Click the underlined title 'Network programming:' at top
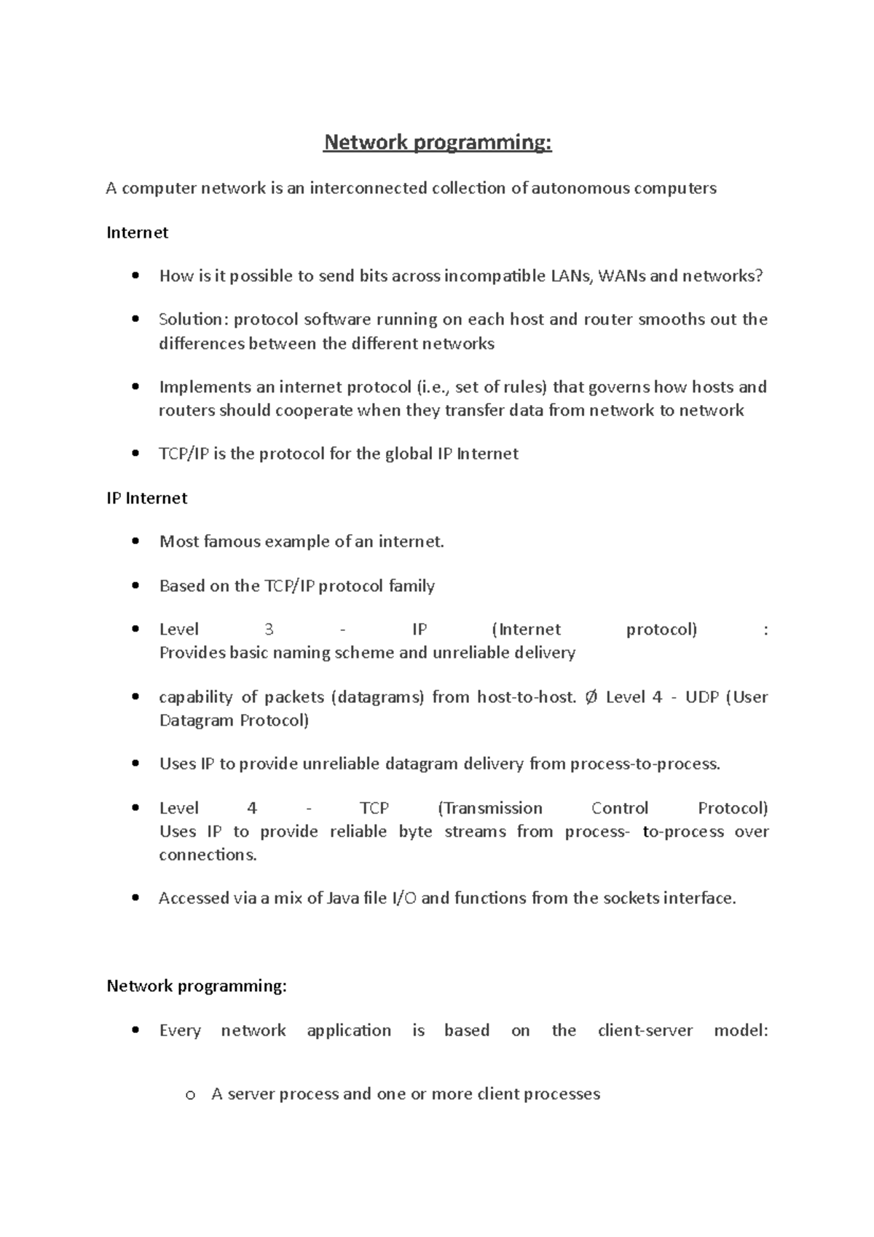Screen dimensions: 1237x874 (x=438, y=143)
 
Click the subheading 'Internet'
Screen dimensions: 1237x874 (x=137, y=232)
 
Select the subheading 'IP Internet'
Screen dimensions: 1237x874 (x=146, y=498)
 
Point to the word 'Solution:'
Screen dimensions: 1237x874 (x=193, y=320)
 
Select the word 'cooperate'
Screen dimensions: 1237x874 (x=314, y=410)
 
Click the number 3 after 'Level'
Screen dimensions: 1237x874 (x=269, y=630)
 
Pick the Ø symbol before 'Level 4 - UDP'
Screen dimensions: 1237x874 (x=591, y=697)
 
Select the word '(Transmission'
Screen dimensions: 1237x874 (x=490, y=809)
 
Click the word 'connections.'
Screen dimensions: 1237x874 (x=208, y=855)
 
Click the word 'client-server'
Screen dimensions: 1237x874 (x=645, y=1031)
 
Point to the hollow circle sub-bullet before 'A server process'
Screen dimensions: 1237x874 (x=190, y=1095)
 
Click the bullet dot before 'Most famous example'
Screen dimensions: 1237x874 (x=135, y=542)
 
